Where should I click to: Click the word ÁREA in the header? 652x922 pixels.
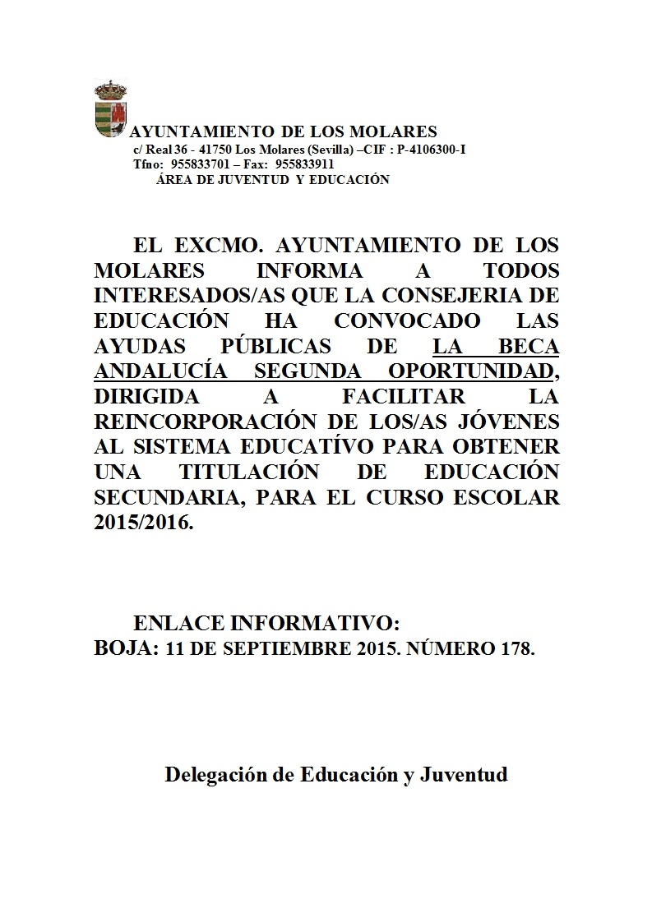172,179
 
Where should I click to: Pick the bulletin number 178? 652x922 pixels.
517,649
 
